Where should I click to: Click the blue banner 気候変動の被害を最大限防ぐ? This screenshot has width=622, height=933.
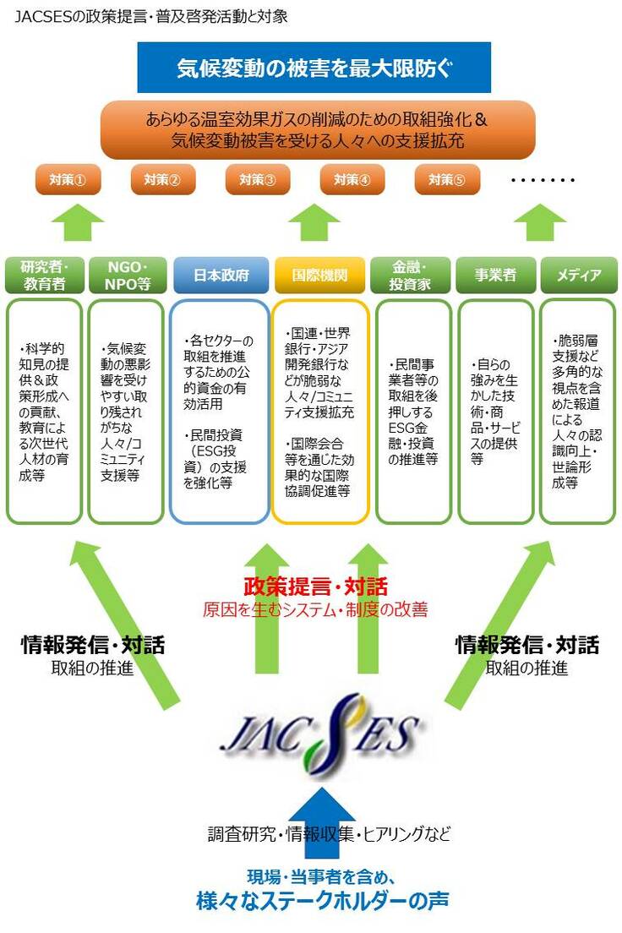click(x=314, y=68)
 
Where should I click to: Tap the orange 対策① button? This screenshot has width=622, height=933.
click(x=68, y=179)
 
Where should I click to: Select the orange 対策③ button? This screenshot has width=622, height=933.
click(x=258, y=179)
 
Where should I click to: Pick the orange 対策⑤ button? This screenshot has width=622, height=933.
click(x=447, y=179)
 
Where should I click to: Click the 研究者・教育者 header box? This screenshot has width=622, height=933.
click(x=44, y=276)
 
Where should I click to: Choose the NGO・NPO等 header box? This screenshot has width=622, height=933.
click(x=126, y=276)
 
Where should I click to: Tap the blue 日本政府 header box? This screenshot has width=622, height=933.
click(x=221, y=276)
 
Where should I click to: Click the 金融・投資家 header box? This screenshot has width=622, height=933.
click(x=410, y=276)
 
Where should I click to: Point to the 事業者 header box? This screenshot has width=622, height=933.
click(x=495, y=276)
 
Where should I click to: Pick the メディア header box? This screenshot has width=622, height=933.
click(x=579, y=276)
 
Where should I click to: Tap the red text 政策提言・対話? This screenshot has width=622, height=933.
click(x=315, y=586)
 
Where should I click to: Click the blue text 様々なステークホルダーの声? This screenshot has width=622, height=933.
click(x=320, y=900)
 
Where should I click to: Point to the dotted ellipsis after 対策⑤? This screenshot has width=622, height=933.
click(x=543, y=180)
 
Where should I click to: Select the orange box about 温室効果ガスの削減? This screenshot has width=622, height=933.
click(x=317, y=129)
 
